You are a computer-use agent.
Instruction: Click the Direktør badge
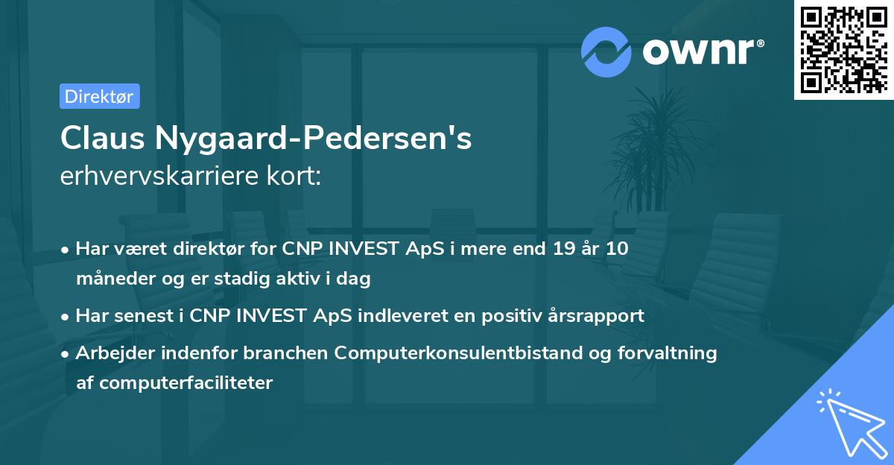[x=99, y=96]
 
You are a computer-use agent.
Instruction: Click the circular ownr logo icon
[x=606, y=52]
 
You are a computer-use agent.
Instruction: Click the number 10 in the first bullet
[x=616, y=249]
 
